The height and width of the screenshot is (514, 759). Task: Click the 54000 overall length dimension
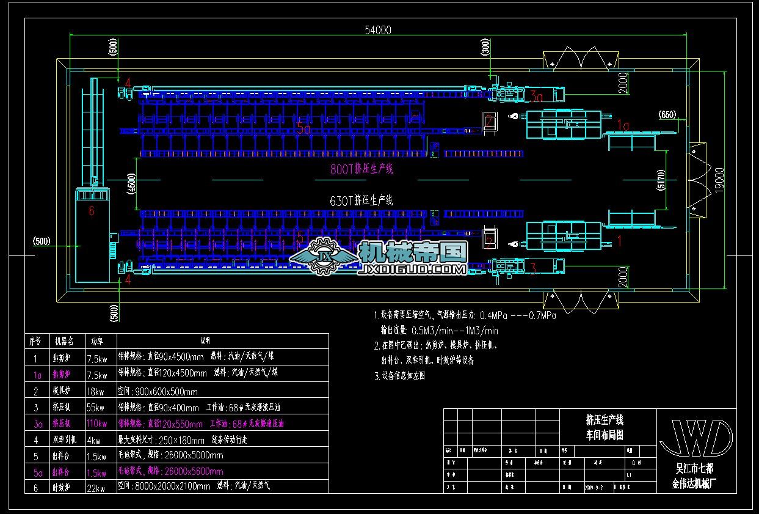(x=377, y=30)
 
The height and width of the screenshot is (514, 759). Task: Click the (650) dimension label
(x=667, y=114)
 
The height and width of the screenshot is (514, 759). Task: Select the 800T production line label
(x=361, y=169)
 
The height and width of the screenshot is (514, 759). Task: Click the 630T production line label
(x=361, y=200)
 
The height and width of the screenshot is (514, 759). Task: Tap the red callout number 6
(x=92, y=211)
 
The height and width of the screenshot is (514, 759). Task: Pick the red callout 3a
(x=536, y=96)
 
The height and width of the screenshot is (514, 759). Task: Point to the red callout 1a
(x=623, y=125)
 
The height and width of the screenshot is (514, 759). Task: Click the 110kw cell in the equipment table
(x=97, y=424)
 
